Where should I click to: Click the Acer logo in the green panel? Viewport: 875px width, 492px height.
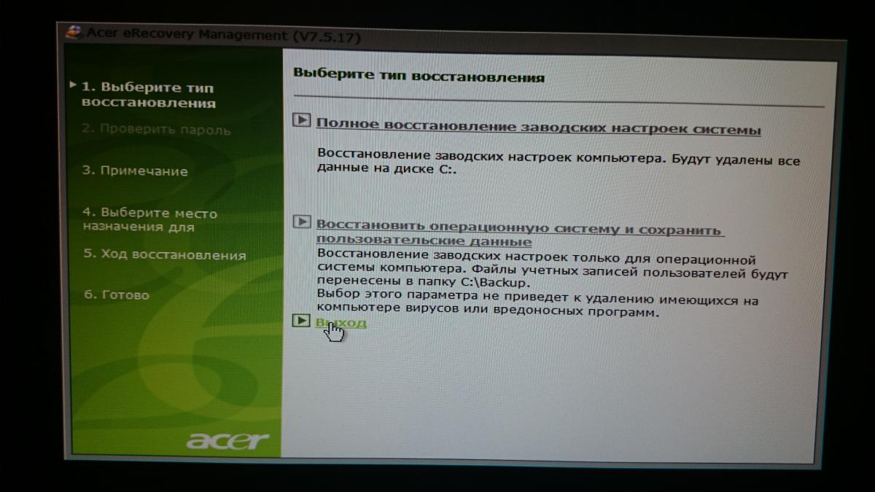tap(227, 440)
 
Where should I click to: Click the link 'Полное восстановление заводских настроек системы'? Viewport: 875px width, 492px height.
tap(539, 127)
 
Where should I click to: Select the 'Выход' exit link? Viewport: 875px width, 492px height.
tap(341, 322)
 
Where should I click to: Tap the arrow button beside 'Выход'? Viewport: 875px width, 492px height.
tap(301, 321)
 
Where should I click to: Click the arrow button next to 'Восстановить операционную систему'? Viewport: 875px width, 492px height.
tap(302, 222)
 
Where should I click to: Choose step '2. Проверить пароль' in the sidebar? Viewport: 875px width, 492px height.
tap(156, 129)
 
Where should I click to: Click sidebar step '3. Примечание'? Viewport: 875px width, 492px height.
tap(135, 171)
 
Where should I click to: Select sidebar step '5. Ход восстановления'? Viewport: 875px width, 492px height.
tap(165, 254)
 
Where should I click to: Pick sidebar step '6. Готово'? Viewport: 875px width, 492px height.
tap(117, 294)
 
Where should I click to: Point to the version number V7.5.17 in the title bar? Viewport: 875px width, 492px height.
tap(327, 37)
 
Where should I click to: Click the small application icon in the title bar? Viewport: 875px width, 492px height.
tap(74, 32)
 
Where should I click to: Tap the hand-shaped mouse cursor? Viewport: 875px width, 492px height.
tap(335, 332)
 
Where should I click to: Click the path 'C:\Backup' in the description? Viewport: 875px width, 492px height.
tap(495, 281)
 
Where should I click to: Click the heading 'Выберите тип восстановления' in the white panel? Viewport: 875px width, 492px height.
tap(419, 74)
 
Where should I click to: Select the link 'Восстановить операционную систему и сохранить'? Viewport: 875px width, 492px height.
tap(518, 227)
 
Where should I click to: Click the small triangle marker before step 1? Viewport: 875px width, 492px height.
tap(73, 85)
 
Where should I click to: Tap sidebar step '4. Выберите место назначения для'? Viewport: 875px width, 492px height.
tap(150, 219)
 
